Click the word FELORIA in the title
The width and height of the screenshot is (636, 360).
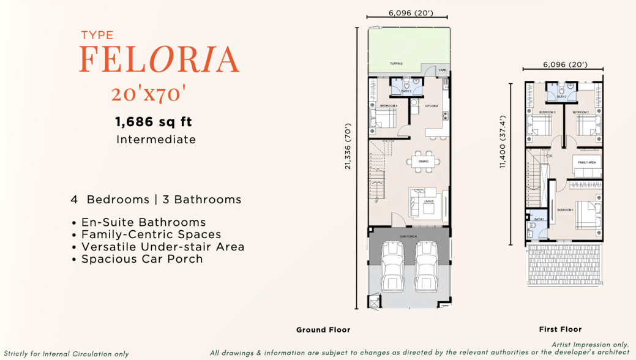point(159,59)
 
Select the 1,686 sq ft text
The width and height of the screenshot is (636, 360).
point(154,122)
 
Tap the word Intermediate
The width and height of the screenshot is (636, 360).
point(156,140)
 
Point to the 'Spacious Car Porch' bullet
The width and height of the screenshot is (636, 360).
point(141,258)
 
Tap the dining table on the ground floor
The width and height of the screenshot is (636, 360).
point(423,162)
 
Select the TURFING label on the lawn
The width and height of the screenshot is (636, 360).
point(397,64)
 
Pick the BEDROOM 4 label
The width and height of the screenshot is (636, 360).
point(389,106)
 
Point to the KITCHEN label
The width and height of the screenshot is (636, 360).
point(432,106)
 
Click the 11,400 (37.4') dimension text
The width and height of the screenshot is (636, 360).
point(503,142)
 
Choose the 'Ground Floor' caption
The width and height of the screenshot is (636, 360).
point(323,330)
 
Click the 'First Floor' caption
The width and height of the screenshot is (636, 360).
point(560,329)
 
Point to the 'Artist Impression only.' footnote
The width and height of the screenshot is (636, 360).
point(590,345)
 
